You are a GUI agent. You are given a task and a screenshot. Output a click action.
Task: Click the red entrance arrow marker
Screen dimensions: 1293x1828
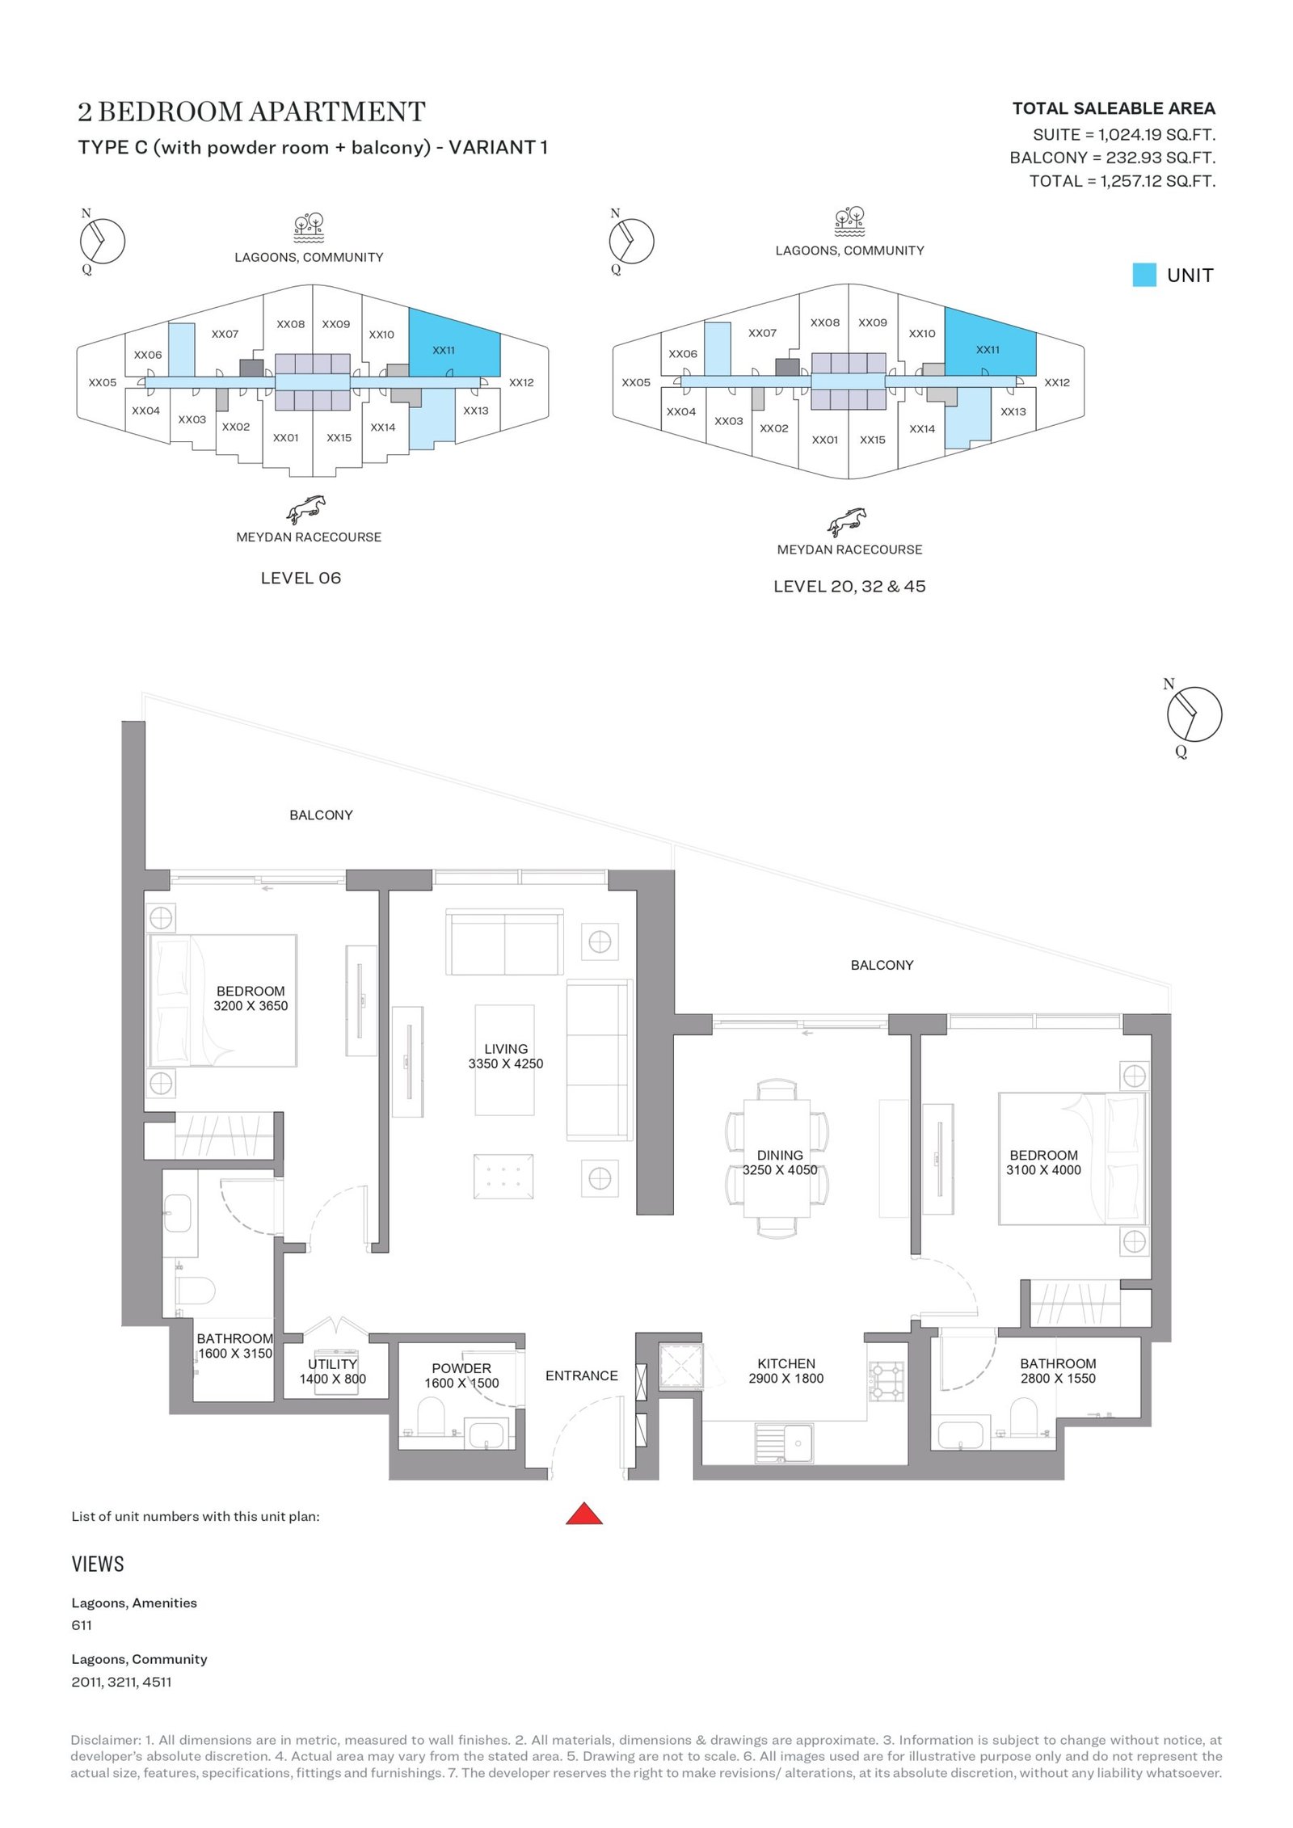(583, 1513)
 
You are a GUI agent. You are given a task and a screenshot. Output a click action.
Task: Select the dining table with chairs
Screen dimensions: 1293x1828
(777, 1157)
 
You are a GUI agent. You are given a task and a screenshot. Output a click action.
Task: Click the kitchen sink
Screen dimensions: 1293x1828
(784, 1443)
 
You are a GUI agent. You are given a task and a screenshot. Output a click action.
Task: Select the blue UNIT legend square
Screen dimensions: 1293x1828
(1143, 275)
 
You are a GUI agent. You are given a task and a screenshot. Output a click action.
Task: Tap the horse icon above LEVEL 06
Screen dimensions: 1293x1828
(305, 509)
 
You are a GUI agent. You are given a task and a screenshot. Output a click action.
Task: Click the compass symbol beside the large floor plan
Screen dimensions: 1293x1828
(1193, 714)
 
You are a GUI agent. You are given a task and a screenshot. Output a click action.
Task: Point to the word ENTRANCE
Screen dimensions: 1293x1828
(581, 1375)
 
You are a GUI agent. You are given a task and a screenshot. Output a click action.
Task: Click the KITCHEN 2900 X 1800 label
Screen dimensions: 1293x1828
(785, 1371)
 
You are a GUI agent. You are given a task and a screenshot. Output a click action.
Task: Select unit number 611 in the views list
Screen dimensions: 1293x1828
(82, 1625)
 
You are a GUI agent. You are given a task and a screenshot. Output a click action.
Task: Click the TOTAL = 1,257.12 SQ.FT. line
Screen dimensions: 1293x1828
(1122, 181)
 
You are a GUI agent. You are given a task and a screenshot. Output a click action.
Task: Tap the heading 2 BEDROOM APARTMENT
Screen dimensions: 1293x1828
(251, 112)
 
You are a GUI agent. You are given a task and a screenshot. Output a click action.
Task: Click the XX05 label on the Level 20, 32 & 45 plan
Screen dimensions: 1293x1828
(636, 382)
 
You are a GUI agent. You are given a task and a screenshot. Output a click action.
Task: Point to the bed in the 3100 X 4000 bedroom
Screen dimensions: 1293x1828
(1072, 1158)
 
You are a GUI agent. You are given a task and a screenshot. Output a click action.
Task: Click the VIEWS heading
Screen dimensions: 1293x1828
(98, 1564)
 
